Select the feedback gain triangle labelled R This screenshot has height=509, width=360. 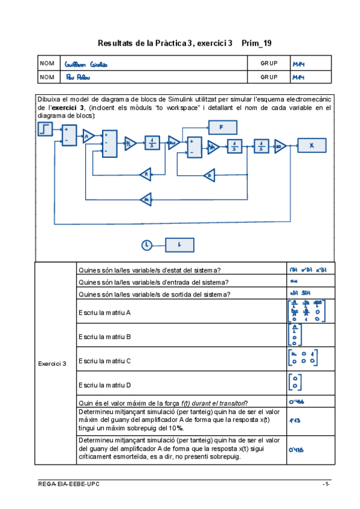click(146, 175)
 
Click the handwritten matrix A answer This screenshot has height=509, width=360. click(302, 311)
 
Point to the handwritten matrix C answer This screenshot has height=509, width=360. click(302, 358)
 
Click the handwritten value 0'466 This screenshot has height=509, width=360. click(298, 403)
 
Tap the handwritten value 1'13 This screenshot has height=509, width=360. click(295, 421)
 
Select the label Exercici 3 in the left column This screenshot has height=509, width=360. click(52, 363)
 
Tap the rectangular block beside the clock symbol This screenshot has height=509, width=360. click(179, 244)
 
